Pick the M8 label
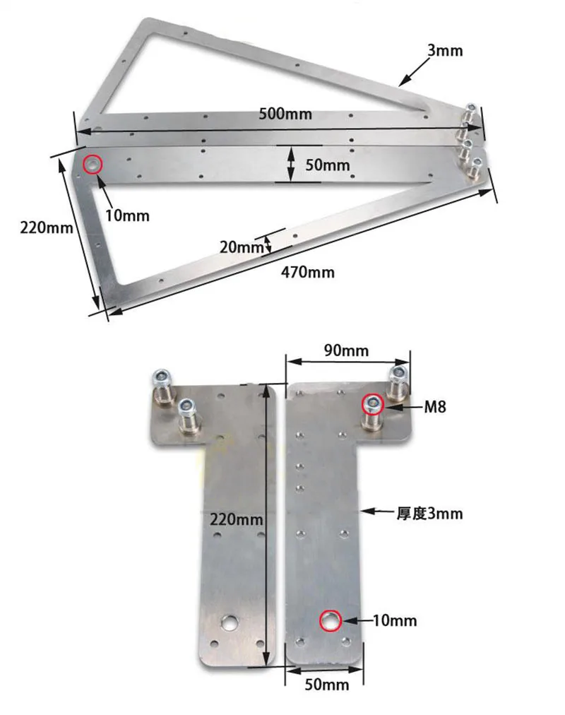pos(434,407)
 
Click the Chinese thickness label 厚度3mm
pos(429,513)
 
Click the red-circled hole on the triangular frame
pos(93,165)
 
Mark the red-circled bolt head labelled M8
pos(372,405)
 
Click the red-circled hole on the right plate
pos(330,621)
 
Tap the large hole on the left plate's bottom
pos(229,623)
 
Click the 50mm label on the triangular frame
pos(327,165)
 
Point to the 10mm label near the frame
pos(127,215)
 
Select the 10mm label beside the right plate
pos(395,621)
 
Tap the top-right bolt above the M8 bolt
pos(398,376)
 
